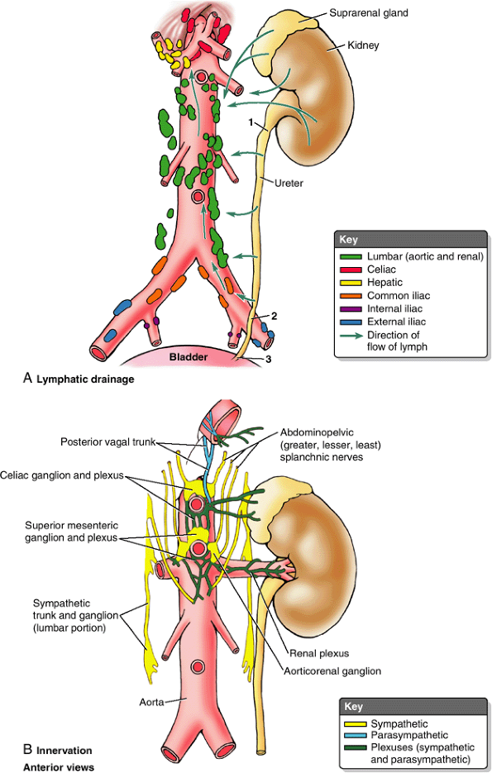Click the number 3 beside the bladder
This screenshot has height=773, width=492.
(267, 360)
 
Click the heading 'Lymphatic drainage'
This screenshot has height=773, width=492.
(85, 379)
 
